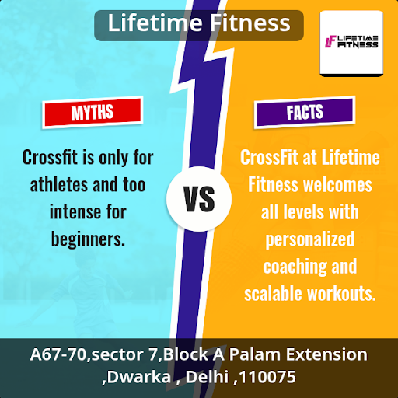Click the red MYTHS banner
click(93, 112)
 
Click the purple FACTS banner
click(305, 112)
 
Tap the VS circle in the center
click(199, 199)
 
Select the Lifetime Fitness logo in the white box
click(351, 42)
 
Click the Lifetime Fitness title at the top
click(199, 23)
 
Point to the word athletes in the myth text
click(59, 185)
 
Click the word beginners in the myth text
click(88, 239)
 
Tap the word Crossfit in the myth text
click(50, 157)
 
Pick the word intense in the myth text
click(75, 212)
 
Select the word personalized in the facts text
click(310, 239)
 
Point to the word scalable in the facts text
click(274, 294)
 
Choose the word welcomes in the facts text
click(338, 185)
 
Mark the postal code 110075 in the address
click(267, 377)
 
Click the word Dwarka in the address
click(138, 377)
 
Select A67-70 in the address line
click(58, 354)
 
